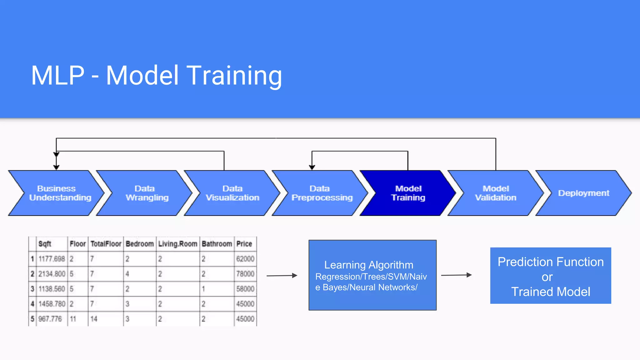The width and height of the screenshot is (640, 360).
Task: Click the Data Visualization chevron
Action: click(x=232, y=193)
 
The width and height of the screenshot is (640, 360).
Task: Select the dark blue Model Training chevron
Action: click(x=408, y=193)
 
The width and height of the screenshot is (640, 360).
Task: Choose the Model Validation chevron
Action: click(x=496, y=193)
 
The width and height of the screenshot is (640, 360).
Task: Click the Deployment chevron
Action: click(x=583, y=193)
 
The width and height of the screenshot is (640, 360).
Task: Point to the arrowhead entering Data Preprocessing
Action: click(x=312, y=167)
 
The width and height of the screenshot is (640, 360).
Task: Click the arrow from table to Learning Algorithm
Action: click(x=281, y=276)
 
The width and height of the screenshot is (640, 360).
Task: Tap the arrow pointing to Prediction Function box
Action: click(x=456, y=275)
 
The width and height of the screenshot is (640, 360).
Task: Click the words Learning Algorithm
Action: click(x=369, y=265)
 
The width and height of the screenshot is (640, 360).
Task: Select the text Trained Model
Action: click(x=551, y=292)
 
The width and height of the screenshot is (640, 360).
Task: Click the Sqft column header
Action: click(x=45, y=244)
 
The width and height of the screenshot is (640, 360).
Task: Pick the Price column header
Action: click(x=244, y=244)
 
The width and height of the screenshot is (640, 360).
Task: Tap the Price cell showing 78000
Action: click(x=245, y=274)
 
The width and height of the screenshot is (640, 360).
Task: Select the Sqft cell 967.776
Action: click(x=50, y=319)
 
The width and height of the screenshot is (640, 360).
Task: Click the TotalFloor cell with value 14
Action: click(x=94, y=319)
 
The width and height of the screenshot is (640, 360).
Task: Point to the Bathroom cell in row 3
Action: click(x=203, y=289)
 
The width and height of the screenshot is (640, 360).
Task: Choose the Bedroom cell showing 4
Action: click(x=127, y=274)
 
